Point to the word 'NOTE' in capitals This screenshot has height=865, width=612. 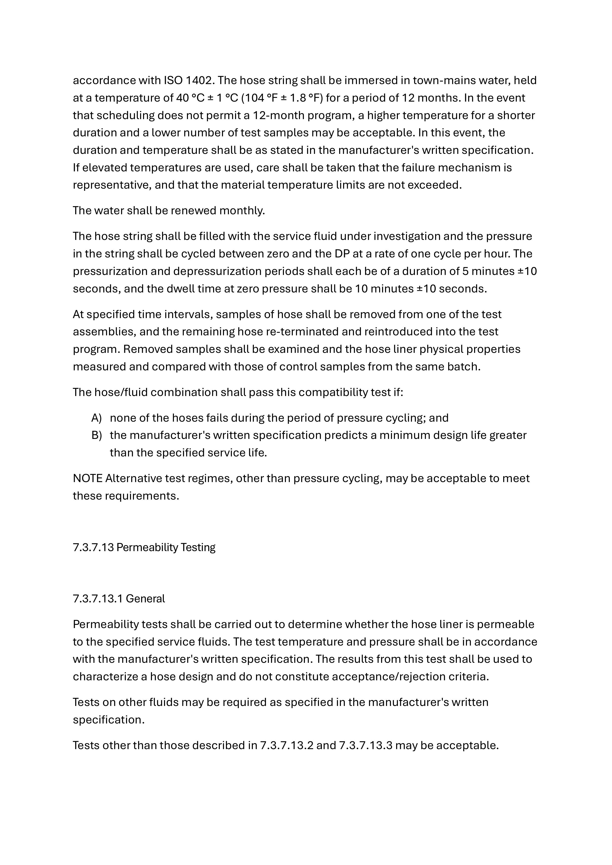pos(87,478)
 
